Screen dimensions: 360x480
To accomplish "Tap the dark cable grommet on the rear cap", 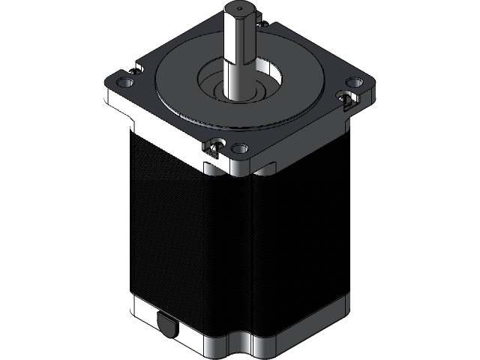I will click(x=166, y=325).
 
